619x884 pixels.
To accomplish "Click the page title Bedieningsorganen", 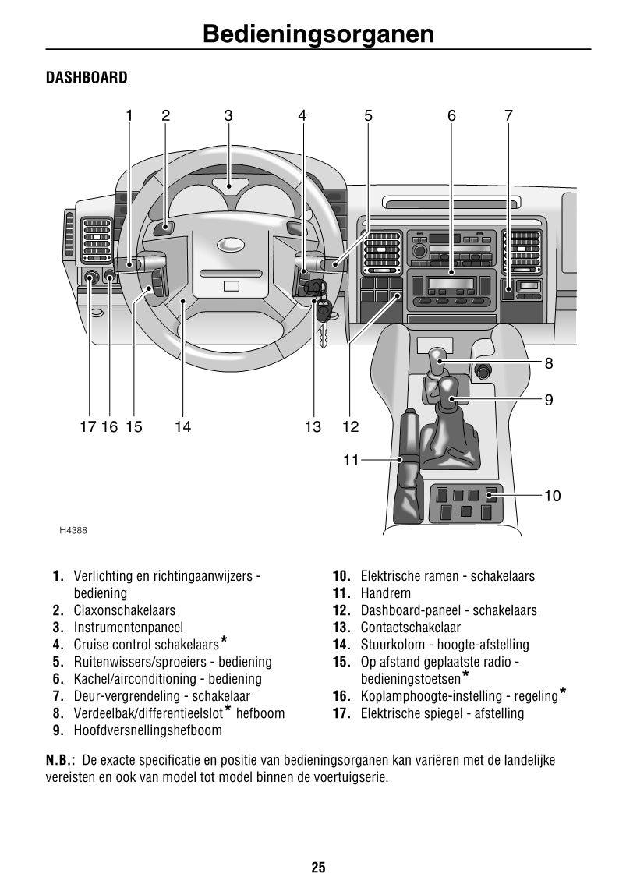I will [x=317, y=35].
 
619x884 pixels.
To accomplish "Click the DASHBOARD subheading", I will [x=87, y=77].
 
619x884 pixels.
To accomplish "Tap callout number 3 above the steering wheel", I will [x=228, y=116].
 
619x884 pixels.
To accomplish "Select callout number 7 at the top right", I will [x=508, y=116].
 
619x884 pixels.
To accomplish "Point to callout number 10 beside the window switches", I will [x=552, y=496].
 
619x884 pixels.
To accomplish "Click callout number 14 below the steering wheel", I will [x=182, y=426].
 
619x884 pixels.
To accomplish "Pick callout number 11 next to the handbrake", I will [x=351, y=460].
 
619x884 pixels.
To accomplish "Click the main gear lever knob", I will [x=447, y=388].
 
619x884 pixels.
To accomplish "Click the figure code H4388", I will [x=73, y=531].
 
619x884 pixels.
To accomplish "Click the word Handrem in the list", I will [x=385, y=593].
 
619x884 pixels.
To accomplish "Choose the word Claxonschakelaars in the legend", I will [x=125, y=610].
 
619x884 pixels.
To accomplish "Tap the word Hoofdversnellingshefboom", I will [x=147, y=730].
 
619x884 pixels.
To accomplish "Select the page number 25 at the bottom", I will [x=317, y=867].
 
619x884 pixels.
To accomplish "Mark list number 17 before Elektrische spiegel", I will [x=341, y=713].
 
